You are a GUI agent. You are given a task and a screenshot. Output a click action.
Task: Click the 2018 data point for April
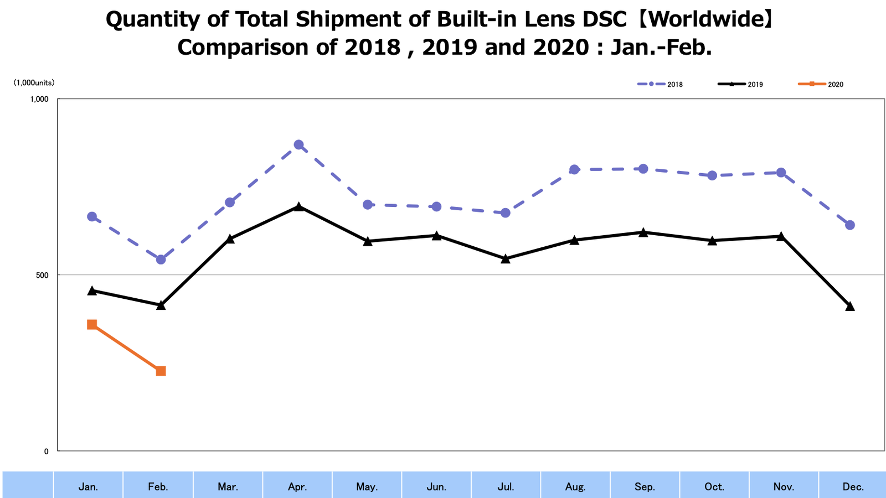(298, 145)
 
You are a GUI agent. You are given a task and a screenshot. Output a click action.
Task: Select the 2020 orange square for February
(161, 371)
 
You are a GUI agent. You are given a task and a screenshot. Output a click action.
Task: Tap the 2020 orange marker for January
(92, 324)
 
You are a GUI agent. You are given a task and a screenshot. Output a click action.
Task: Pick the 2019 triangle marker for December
(850, 307)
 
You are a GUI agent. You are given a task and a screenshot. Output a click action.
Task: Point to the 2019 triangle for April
(298, 207)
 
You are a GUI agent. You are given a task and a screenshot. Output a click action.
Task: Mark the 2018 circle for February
(161, 260)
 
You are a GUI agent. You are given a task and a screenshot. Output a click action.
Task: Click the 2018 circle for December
(850, 225)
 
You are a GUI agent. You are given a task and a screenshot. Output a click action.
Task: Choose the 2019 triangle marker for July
(506, 258)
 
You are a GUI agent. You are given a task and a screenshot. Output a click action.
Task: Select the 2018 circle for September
(643, 169)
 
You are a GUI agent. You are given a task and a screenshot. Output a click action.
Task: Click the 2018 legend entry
(660, 84)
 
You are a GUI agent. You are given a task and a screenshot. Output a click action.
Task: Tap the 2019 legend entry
(740, 84)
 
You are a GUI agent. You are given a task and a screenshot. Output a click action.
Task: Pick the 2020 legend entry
(821, 84)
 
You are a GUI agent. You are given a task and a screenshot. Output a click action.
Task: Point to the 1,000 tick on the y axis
(39, 99)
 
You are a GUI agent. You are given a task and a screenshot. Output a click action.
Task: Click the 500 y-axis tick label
(43, 275)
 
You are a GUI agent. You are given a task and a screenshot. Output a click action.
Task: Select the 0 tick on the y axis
(46, 451)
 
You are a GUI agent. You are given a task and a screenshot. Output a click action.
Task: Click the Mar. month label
(228, 487)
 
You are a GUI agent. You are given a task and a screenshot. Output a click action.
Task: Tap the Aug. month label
(575, 487)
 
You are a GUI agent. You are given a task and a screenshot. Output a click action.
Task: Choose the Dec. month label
(853, 487)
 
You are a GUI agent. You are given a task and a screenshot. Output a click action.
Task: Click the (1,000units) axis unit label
(34, 83)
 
